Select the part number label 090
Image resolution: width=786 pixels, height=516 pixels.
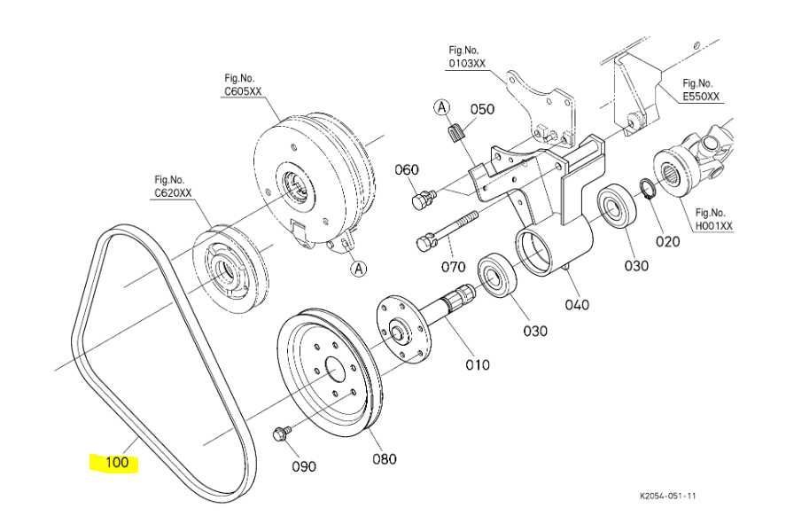coord(304,465)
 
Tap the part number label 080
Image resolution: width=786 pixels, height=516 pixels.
coord(384,458)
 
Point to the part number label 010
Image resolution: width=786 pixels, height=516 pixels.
coord(478,364)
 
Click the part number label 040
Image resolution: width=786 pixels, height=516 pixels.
coord(577,305)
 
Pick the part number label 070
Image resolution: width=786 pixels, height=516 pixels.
coord(453,264)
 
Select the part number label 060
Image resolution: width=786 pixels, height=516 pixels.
coord(406,170)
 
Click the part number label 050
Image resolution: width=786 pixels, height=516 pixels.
coord(482,109)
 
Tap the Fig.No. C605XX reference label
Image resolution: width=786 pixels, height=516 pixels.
coord(244,84)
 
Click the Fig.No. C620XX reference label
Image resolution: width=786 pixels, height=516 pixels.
coord(173,185)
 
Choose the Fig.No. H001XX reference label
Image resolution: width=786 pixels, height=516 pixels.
coord(714,219)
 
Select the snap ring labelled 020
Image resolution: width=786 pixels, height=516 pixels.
coord(648,190)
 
